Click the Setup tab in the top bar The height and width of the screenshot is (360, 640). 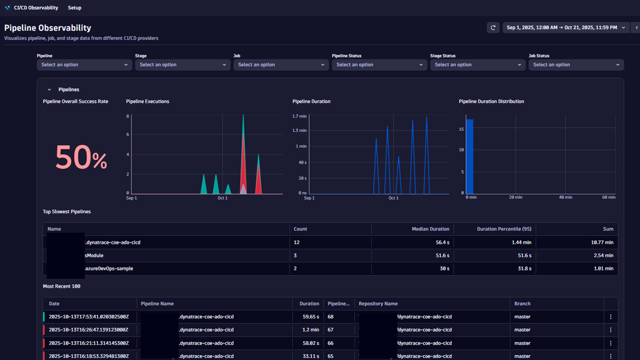[74, 8]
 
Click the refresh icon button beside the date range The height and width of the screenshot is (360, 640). [493, 28]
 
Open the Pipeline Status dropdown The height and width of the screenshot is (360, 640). [379, 65]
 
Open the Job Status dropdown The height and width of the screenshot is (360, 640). [576, 65]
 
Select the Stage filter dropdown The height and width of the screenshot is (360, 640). [183, 65]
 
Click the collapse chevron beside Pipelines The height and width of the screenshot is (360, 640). [49, 90]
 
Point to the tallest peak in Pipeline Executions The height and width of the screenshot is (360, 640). [243, 116]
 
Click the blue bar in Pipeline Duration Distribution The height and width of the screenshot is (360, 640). [470, 157]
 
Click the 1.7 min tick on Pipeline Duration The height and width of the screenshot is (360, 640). [299, 116]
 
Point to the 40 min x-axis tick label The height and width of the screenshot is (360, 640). [565, 197]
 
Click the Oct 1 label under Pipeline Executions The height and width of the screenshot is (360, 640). [222, 198]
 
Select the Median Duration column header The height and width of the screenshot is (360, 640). [430, 229]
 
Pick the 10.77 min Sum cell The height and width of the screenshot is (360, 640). [602, 242]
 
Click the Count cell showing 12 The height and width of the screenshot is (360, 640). [297, 242]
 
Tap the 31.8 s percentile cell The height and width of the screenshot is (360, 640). [524, 268]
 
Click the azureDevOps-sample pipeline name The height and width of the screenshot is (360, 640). [109, 268]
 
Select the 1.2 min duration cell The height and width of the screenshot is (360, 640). [310, 330]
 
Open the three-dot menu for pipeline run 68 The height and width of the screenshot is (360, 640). [611, 317]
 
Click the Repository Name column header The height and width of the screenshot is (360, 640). [378, 304]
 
